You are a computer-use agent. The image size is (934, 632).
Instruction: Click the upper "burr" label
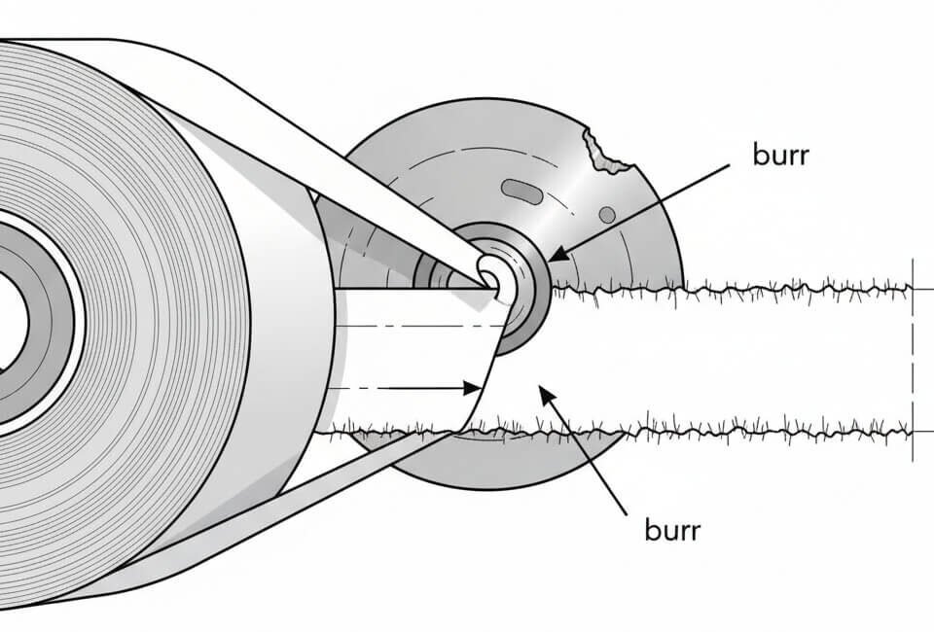pyautogui.click(x=780, y=155)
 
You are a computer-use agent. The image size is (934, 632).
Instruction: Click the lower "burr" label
pyautogui.click(x=672, y=531)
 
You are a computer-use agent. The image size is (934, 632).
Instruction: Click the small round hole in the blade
pyautogui.click(x=606, y=214)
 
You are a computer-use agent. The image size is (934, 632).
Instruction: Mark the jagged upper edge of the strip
pyautogui.click(x=739, y=288)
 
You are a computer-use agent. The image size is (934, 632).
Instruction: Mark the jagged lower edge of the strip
pyautogui.click(x=739, y=430)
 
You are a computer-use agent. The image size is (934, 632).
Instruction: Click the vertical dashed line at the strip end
pyautogui.click(x=913, y=360)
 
